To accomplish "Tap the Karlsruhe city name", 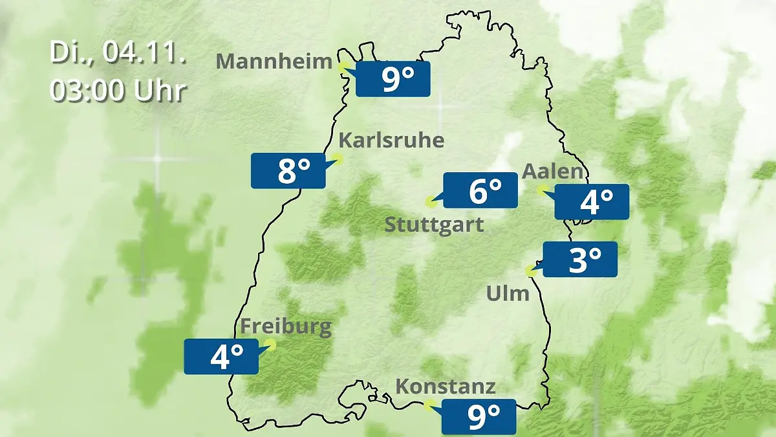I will pos(391,140).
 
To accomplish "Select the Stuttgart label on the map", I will pos(434,225).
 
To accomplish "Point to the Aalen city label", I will pos(552,172).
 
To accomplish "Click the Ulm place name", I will pos(508,293).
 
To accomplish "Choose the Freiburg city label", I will pos(285,326).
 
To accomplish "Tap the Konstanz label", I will pos(445,387).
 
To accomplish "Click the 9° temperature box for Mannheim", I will pos(393,79).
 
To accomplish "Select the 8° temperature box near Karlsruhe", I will pos(288,171).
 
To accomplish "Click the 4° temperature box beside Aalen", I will pos(592,201).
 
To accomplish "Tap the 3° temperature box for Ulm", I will pos(580,259).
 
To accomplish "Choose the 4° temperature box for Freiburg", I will pos(221,356).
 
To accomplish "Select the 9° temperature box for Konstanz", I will pos(479,416).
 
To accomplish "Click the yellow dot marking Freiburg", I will pos(270,345).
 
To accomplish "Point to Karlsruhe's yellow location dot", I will pos(338,158).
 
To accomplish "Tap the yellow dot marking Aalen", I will pos(542,189).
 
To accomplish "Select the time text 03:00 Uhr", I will pos(118,91).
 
